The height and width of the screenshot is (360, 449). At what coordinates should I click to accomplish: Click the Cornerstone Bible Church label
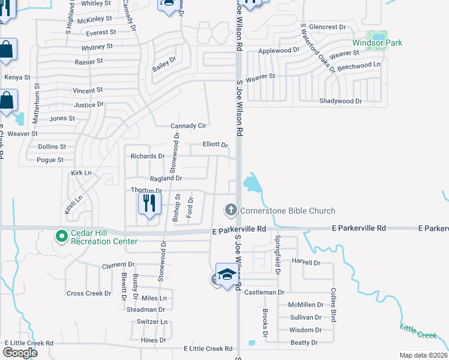288,211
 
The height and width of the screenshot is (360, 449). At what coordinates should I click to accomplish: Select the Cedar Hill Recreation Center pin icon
61,236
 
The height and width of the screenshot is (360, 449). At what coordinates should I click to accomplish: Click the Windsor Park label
377,43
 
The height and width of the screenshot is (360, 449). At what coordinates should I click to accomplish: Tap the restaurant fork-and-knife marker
149,203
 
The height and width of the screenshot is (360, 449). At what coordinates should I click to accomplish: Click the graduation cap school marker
226,275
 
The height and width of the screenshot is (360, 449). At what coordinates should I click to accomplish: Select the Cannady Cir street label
188,126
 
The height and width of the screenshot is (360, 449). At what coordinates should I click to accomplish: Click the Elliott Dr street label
215,145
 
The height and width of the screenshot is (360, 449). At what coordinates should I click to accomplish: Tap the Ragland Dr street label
166,178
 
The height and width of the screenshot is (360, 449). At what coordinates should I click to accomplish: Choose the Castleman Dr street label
264,292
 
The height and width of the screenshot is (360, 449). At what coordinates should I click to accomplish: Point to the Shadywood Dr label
340,101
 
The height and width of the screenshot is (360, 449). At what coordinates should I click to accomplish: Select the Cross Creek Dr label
88,293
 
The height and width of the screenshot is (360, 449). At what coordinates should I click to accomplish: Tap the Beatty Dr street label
304,343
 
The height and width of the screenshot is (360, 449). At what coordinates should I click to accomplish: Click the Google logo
20,352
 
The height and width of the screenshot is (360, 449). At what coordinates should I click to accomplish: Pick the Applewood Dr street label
279,51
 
